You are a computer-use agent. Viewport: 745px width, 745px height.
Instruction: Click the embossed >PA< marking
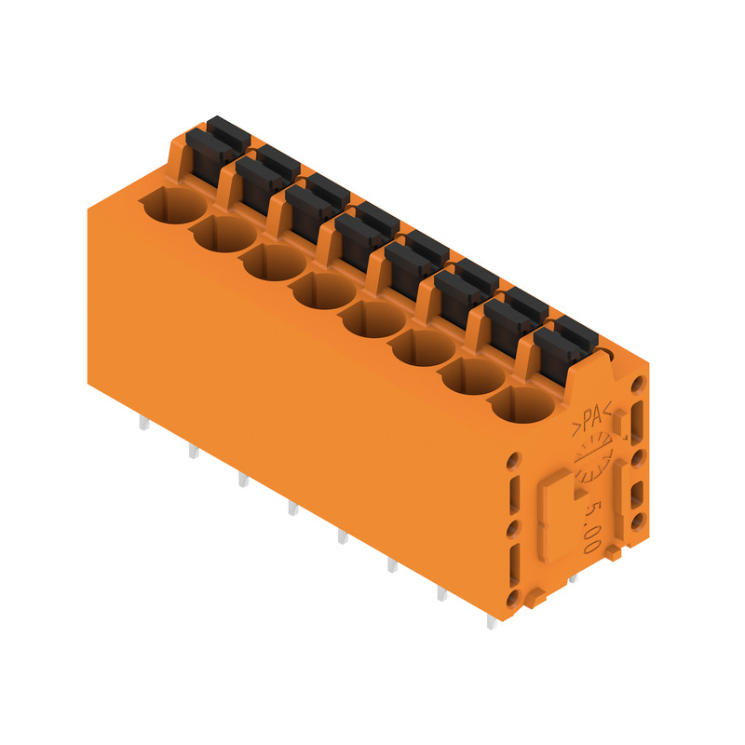click(592, 420)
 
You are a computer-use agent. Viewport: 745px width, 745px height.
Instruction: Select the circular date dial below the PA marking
click(593, 457)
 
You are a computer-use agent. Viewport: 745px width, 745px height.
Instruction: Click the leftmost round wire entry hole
click(175, 205)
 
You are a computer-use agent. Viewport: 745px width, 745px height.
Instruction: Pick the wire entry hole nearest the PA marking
click(522, 405)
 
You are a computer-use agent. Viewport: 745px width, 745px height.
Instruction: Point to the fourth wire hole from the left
click(324, 291)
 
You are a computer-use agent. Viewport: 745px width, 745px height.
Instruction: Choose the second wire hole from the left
click(224, 234)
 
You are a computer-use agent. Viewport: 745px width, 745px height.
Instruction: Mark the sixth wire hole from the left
click(424, 347)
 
